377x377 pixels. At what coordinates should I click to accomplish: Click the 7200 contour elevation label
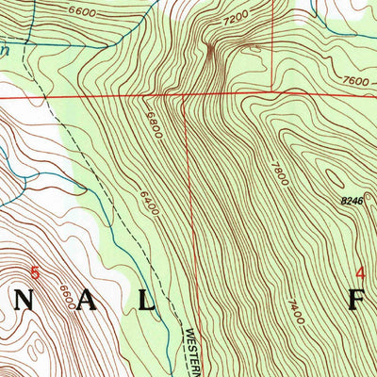click(x=234, y=18)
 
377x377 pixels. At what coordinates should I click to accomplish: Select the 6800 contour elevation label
click(x=153, y=124)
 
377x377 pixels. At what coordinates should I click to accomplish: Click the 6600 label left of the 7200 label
click(x=82, y=12)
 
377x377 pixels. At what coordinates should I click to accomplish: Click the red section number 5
click(x=36, y=273)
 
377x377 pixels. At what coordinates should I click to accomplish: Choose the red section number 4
click(x=359, y=273)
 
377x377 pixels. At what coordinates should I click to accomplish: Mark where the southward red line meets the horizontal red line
click(x=185, y=95)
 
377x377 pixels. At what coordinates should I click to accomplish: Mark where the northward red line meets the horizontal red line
click(x=272, y=93)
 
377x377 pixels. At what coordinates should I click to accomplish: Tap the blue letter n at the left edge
click(x=4, y=54)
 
